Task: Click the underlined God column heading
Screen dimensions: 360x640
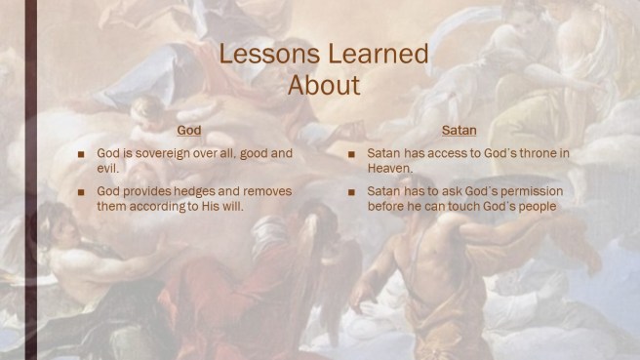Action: tap(191, 131)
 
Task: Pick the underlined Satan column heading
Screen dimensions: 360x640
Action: tap(459, 131)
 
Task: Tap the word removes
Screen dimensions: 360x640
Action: tap(267, 191)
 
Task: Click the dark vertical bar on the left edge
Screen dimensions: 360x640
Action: tap(30, 180)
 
